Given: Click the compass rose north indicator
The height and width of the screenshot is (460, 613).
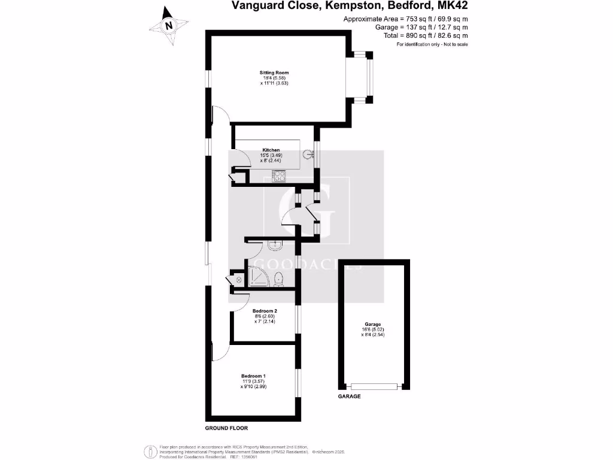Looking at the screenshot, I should pos(169,26).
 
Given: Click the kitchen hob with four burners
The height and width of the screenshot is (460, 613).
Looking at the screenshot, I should pos(280,175).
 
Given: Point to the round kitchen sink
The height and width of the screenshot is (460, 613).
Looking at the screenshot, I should pos(309,155).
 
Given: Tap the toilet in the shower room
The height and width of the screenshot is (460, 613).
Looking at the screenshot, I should pos(279,277).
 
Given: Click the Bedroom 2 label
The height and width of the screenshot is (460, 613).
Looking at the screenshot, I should pos(264,311).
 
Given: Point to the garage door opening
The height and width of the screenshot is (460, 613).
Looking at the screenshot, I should pos(375,387).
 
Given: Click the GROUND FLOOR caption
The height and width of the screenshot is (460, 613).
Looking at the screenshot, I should pos(226,428).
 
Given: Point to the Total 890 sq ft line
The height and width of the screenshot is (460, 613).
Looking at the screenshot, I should pos(426,36).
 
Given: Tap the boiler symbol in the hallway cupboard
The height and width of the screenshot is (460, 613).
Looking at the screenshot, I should pos(238,280).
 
